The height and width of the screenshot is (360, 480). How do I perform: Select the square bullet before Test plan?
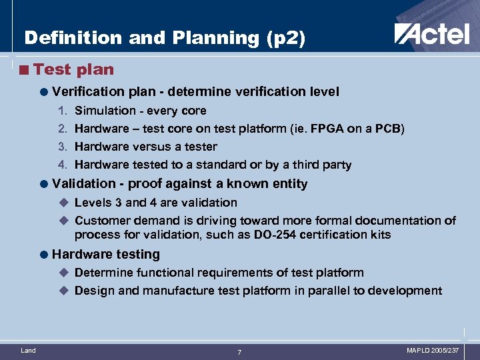25,69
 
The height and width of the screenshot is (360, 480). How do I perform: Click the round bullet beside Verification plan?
43,92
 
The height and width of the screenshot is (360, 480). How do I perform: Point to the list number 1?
61,111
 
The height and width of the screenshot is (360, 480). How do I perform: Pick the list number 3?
61,147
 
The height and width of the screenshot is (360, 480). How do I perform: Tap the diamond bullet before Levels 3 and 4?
64,202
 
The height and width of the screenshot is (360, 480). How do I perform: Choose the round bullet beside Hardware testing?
43,254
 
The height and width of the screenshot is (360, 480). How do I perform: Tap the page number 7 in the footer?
240,351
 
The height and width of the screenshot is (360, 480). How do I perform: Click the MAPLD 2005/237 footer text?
433,350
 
